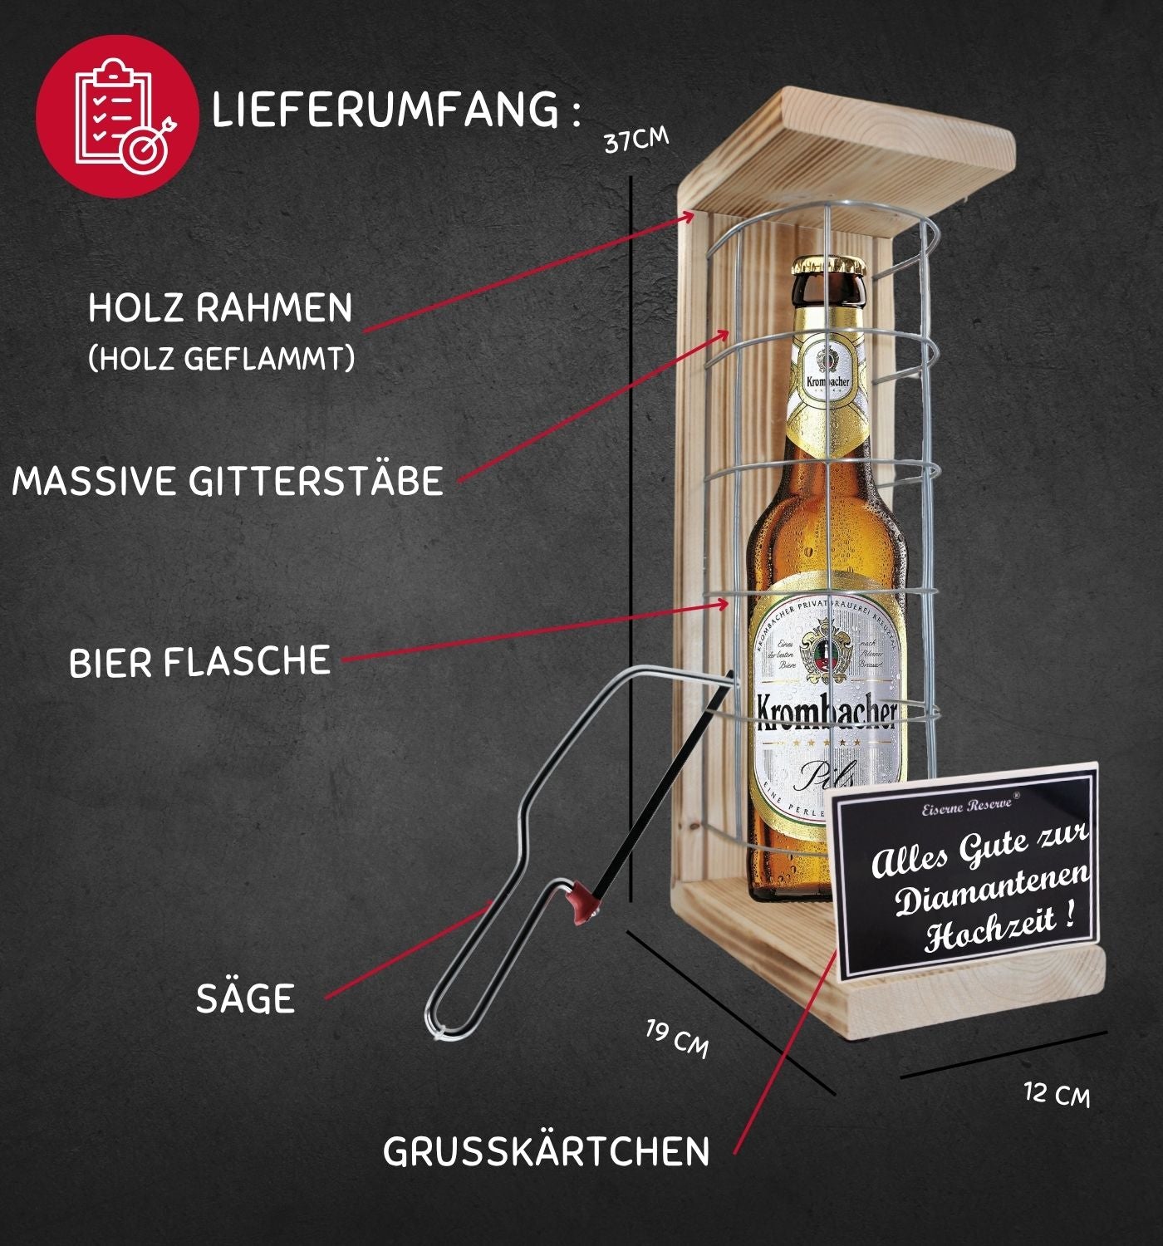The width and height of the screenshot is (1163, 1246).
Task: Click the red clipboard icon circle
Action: pyautogui.click(x=117, y=115)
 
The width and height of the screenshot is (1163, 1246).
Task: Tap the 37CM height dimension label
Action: pyautogui.click(x=635, y=140)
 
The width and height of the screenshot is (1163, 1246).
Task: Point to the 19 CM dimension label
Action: pyautogui.click(x=677, y=1038)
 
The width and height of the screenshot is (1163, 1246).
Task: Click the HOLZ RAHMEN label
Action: pyautogui.click(x=220, y=308)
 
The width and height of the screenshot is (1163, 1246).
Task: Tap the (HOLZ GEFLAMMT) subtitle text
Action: pyautogui.click(x=221, y=359)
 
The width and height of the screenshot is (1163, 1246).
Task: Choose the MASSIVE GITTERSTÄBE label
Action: pyautogui.click(x=228, y=481)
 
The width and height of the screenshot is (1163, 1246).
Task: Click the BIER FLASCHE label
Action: pyautogui.click(x=199, y=662)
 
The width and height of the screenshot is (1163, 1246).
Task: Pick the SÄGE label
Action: pyautogui.click(x=245, y=998)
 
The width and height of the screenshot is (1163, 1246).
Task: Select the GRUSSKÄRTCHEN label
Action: pyautogui.click(x=546, y=1152)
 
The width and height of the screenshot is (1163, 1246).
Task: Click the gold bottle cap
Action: pyautogui.click(x=828, y=265)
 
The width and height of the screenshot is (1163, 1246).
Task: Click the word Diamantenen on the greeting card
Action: pyautogui.click(x=992, y=887)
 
